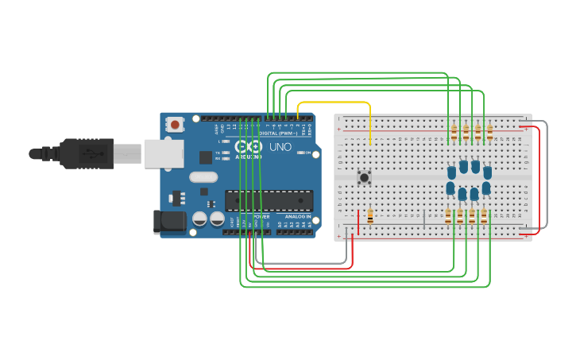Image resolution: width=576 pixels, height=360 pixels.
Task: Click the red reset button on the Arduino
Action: point(175,124)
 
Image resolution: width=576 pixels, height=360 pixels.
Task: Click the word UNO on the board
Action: point(280,147)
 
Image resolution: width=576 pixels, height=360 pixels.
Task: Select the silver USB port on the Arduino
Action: point(164,153)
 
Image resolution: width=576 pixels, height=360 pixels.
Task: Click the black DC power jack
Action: point(169,222)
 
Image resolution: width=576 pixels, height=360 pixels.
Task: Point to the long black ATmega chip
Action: point(269,201)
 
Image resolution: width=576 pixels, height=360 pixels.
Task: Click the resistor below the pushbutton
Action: point(370,216)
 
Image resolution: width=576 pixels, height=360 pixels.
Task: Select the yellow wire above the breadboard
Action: point(334,103)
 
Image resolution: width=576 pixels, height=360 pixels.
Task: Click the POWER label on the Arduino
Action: point(261,216)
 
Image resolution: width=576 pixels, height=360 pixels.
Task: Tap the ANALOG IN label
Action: point(298,216)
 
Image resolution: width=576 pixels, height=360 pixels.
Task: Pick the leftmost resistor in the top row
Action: point(454,132)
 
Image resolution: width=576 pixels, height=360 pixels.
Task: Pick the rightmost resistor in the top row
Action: point(489,132)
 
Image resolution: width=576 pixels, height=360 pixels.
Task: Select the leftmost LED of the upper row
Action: point(451,172)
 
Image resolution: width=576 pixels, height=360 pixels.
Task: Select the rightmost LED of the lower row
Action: point(485,189)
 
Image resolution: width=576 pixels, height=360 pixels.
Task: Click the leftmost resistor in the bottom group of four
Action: point(448,216)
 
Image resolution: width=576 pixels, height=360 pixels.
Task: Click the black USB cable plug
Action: point(79,153)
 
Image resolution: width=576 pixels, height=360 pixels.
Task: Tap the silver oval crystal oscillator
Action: point(203,177)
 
